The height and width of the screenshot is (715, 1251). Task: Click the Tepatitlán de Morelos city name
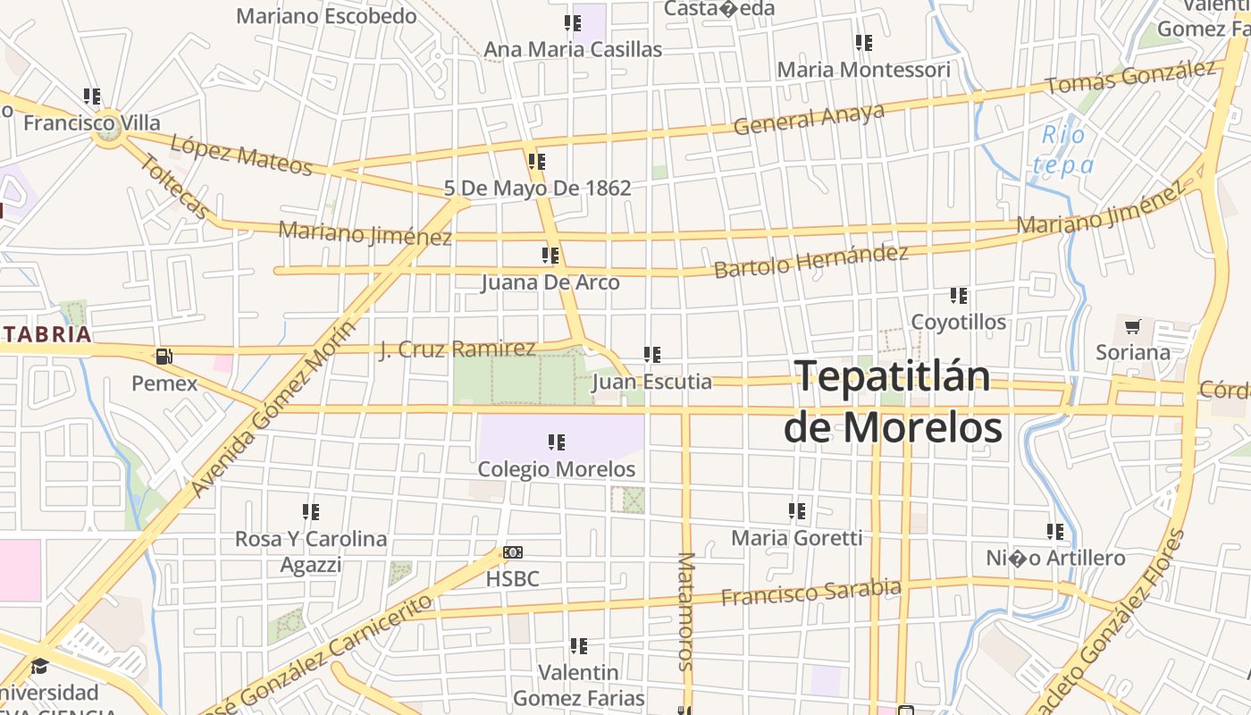[892, 402]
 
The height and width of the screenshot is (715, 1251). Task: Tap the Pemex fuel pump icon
[164, 357]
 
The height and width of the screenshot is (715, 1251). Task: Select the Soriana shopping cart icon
[1132, 327]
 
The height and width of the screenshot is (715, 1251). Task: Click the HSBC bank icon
[513, 553]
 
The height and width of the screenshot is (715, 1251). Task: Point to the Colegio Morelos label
[557, 469]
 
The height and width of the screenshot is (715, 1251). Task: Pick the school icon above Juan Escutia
[652, 355]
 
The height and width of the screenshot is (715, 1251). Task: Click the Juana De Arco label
[550, 282]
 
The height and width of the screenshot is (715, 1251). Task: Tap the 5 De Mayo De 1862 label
[538, 189]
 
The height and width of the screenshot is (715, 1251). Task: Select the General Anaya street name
[810, 118]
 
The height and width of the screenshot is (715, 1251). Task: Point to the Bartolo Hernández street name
[810, 260]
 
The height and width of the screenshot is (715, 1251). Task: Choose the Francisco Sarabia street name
[810, 592]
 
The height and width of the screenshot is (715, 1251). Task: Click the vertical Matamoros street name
[685, 610]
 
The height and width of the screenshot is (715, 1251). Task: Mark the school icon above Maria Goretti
[797, 511]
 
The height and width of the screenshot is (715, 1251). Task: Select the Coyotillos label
[958, 322]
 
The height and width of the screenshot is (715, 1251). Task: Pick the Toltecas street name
[176, 187]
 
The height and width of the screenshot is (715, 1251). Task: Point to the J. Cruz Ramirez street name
[458, 349]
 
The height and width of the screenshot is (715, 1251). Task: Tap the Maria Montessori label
[863, 70]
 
